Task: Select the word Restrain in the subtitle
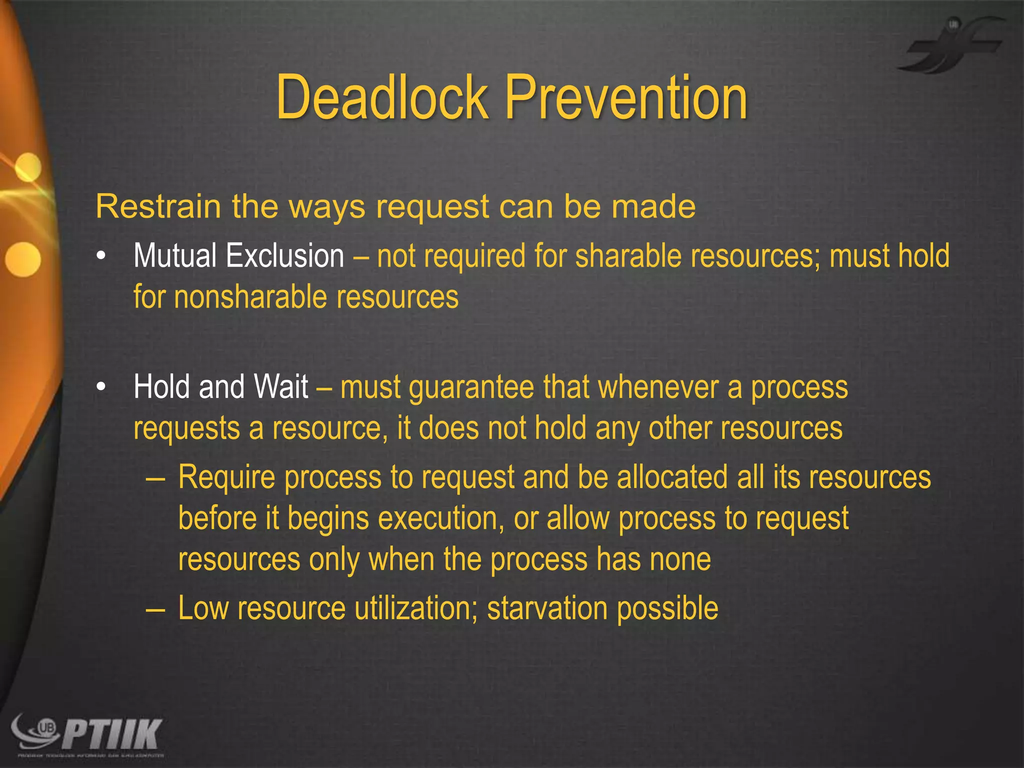point(158,206)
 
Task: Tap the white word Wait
point(281,386)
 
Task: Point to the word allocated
point(672,477)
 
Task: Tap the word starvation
point(547,608)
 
